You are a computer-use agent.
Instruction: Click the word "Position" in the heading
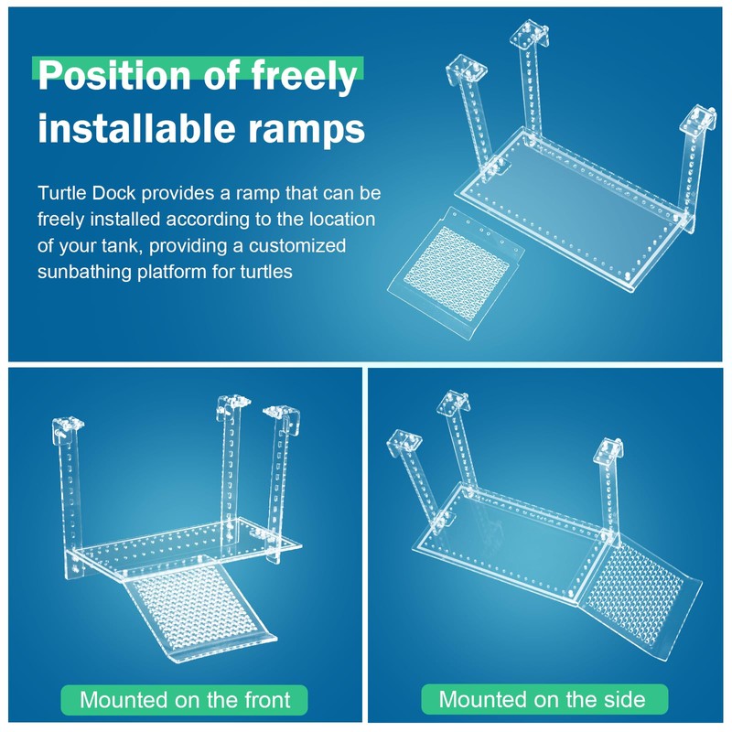coord(115,75)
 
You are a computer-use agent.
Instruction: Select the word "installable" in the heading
coord(136,127)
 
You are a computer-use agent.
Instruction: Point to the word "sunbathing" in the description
coord(84,272)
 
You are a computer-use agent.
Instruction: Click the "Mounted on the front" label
coord(185,700)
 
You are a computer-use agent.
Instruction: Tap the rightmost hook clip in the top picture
coord(697,121)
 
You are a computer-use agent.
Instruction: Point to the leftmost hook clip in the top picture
coord(466,70)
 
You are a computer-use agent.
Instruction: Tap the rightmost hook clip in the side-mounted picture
coord(608,452)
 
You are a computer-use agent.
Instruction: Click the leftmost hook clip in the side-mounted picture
coord(404,443)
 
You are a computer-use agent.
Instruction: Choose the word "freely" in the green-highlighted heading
coord(305,75)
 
